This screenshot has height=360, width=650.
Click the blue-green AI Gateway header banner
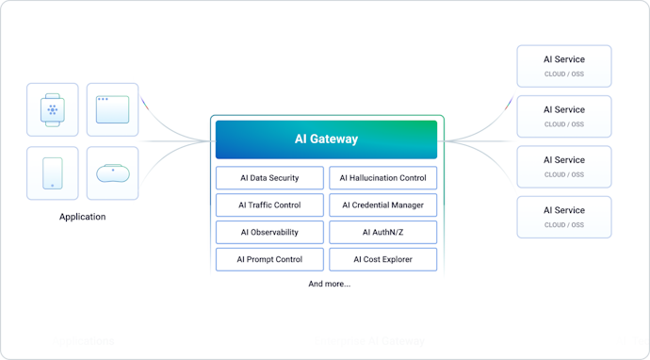click(x=326, y=139)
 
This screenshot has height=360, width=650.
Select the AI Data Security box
click(x=269, y=178)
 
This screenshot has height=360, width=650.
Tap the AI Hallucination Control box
click(x=382, y=178)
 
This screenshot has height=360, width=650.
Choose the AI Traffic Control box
click(x=269, y=205)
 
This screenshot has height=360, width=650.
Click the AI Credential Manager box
click(x=382, y=205)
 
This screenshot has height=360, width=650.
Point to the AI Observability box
click(x=269, y=232)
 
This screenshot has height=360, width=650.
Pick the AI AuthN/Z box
click(x=382, y=232)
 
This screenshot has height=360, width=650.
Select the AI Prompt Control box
click(x=269, y=259)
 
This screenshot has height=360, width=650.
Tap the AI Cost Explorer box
click(x=382, y=259)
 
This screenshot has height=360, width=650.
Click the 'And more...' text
click(x=329, y=284)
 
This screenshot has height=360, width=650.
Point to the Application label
click(x=82, y=217)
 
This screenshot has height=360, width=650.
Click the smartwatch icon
click(x=53, y=110)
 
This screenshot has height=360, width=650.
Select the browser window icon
click(x=112, y=110)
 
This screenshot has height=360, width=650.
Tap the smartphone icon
click(x=53, y=173)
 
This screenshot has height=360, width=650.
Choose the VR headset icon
click(x=112, y=173)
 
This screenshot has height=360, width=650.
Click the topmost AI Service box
click(x=563, y=66)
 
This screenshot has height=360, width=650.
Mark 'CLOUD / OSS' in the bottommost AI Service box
click(x=563, y=225)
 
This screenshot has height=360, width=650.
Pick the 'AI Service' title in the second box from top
click(x=563, y=110)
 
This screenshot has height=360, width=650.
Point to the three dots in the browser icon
click(x=102, y=99)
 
